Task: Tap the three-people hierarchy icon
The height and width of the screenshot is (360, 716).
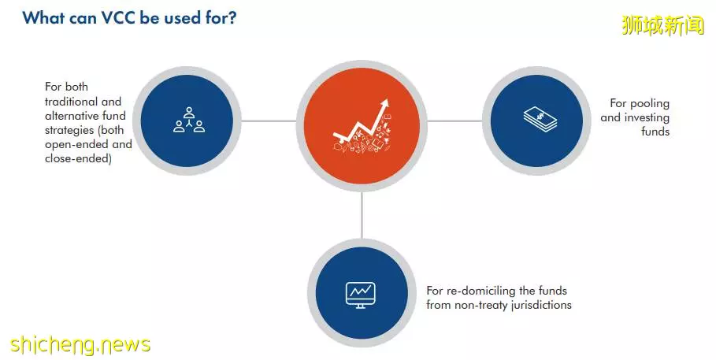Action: click(x=189, y=121)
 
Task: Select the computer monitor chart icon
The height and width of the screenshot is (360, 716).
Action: click(x=360, y=295)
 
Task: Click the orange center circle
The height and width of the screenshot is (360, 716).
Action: click(x=362, y=125)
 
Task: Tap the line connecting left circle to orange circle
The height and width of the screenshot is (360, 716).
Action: click(x=269, y=121)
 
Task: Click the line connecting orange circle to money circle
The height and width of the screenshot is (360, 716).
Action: click(x=454, y=121)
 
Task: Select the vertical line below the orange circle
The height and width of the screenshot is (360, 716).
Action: click(x=362, y=215)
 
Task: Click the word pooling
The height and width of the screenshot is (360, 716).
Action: click(x=649, y=104)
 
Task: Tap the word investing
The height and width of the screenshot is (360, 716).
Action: click(x=647, y=118)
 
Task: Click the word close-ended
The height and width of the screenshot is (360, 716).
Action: click(x=78, y=158)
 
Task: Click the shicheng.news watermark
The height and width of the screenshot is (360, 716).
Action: click(x=80, y=344)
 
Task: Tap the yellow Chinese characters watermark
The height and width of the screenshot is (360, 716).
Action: click(x=663, y=25)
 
